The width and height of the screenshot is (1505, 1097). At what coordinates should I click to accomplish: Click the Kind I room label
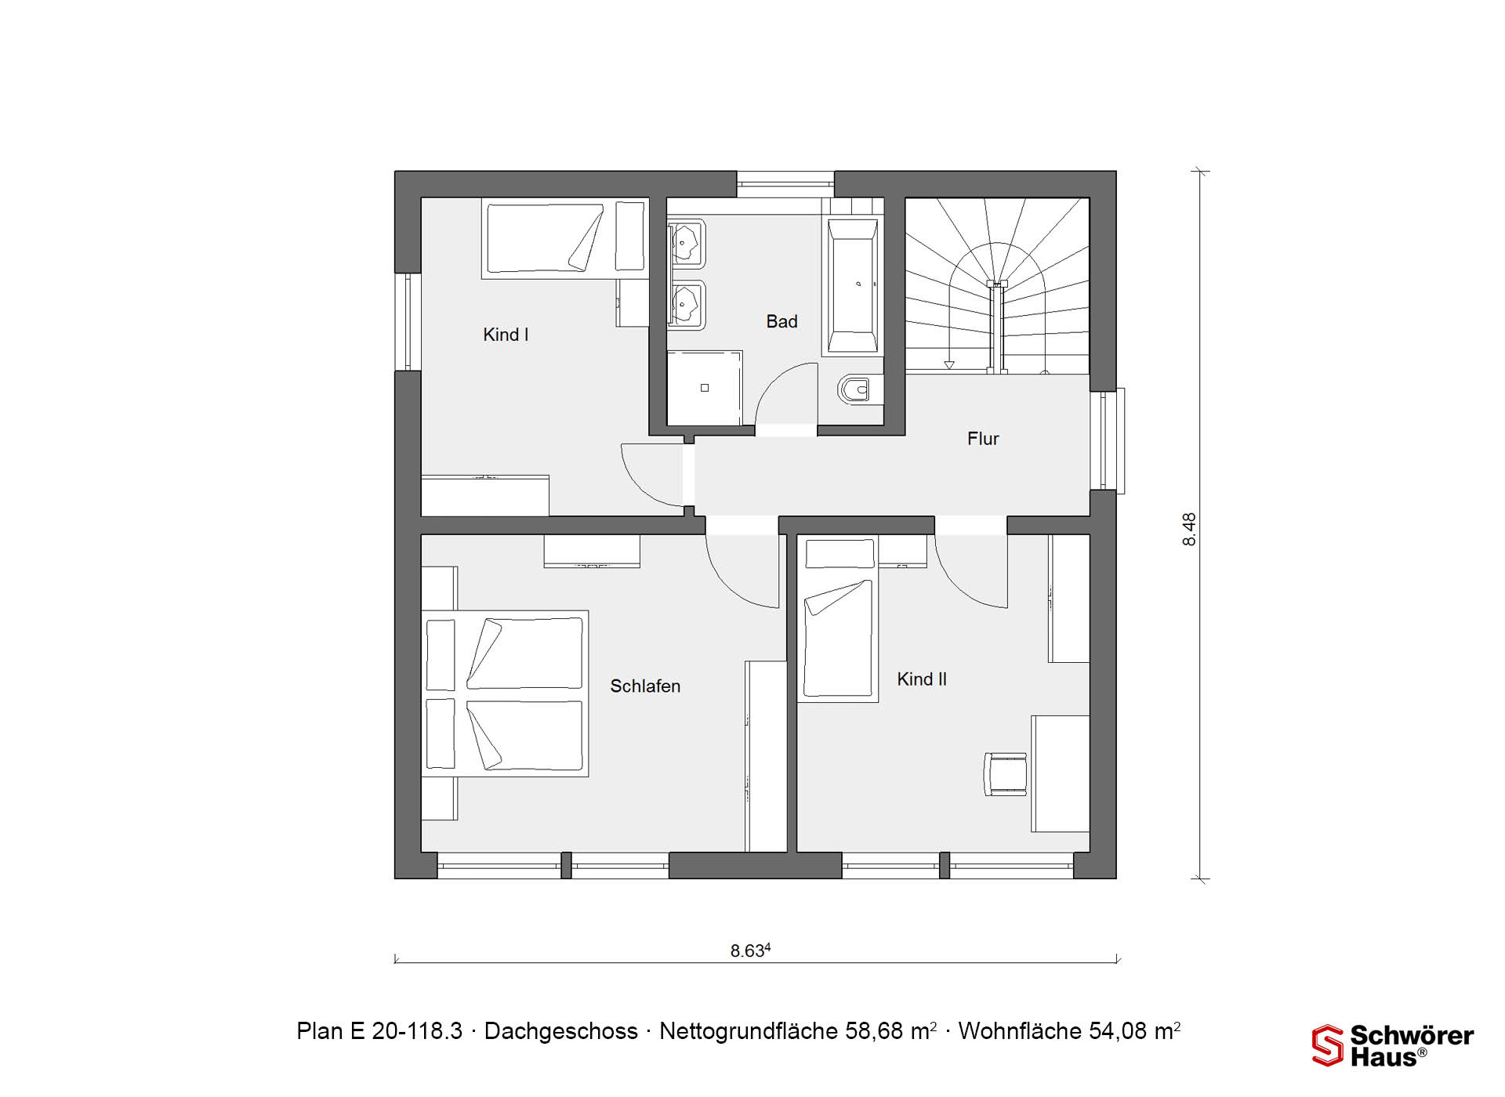506,335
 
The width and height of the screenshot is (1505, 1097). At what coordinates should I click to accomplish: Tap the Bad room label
782,321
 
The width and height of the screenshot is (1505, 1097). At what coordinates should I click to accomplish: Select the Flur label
983,439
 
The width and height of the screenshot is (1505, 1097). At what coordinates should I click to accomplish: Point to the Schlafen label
645,686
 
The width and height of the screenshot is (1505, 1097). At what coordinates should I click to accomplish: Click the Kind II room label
922,679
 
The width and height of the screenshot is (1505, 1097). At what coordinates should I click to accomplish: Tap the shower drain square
705,388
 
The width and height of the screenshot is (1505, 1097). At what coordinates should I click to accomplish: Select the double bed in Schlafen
505,693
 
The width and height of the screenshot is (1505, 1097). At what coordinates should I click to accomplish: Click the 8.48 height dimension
1189,529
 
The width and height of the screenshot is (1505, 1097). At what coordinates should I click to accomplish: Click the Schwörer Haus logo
1393,1045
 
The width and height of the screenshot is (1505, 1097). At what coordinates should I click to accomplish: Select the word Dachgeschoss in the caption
561,1031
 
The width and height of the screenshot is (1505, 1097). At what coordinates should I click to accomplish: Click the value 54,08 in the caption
1123,1031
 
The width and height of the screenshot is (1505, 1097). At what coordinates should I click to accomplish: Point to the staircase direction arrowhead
949,364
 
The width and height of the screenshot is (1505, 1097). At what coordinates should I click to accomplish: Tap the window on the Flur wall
1108,440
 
